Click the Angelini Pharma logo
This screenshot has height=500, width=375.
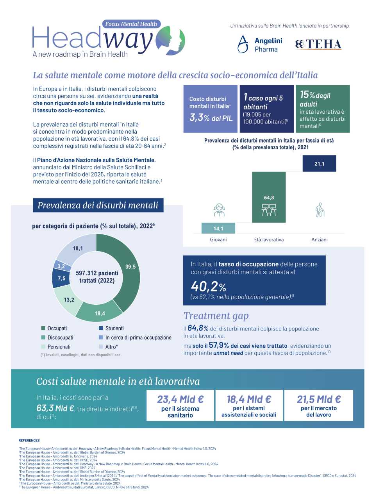pos(260,45)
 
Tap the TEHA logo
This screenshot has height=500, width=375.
pos(318,45)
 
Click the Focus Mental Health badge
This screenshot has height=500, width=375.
pos(131,24)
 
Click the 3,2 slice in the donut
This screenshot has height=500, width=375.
pos(61,266)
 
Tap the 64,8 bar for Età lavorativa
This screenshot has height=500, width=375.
pos(269,197)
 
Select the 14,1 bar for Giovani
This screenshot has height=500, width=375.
pos(218,228)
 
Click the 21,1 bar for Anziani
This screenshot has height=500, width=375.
pos(319,164)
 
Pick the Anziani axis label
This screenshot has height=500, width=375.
pos(319,239)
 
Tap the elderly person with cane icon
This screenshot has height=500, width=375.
pos(320,210)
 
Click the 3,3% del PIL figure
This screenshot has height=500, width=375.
pos(211,118)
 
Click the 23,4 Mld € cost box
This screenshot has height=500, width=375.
pos(180,405)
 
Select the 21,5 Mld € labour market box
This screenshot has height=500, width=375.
pos(318,405)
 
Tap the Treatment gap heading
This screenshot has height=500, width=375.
pos(216,316)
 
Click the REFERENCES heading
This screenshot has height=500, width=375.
pos(29,440)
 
